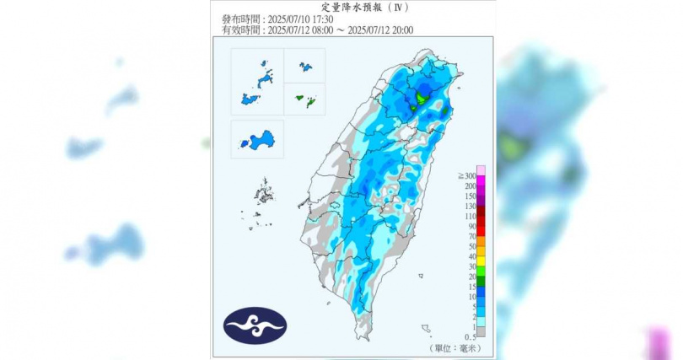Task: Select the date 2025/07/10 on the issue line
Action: [x=288, y=19]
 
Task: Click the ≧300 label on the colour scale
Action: [x=466, y=175]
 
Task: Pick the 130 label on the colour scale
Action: [x=469, y=206]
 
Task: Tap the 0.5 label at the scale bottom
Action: [x=470, y=336]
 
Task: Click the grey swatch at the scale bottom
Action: [x=481, y=331]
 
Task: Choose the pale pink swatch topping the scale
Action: [x=481, y=169]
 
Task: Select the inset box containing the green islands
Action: [x=304, y=99]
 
